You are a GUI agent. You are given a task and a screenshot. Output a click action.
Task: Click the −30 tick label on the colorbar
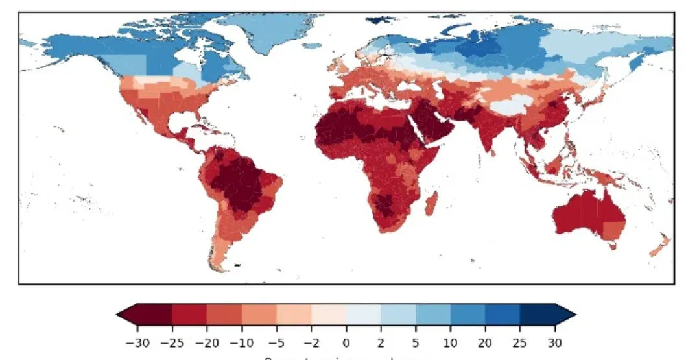[x=134, y=342]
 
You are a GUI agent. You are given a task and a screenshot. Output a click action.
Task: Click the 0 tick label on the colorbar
[x=346, y=342]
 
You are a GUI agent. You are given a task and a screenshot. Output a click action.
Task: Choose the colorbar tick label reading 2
[x=381, y=342]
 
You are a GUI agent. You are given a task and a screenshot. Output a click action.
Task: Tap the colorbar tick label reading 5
[x=416, y=342]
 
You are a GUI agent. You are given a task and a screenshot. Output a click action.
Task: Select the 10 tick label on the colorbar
[x=451, y=342]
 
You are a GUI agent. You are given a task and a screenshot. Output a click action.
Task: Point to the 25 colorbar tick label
[x=521, y=342]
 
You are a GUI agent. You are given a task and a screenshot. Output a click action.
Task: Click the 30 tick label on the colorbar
[x=556, y=342]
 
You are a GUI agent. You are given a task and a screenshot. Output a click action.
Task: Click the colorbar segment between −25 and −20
[x=189, y=315]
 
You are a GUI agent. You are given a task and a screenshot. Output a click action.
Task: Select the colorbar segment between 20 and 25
[x=503, y=315]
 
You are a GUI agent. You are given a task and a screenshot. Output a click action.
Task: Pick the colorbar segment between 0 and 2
[x=363, y=315]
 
